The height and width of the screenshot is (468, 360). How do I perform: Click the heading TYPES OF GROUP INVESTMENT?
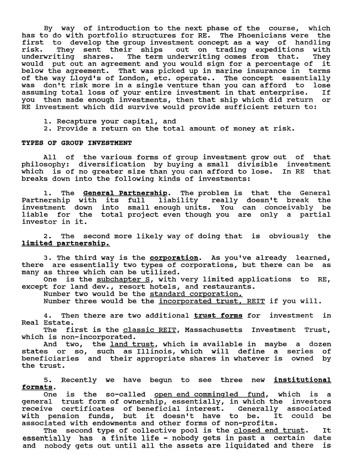click(76, 143)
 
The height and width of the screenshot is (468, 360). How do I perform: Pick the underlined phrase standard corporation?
click(196, 294)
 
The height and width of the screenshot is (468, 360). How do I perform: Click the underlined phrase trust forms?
click(218, 316)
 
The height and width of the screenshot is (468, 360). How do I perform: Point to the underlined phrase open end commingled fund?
click(209, 394)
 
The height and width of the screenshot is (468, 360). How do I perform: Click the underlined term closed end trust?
click(269, 431)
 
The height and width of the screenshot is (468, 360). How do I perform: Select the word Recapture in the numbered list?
click(74, 121)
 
